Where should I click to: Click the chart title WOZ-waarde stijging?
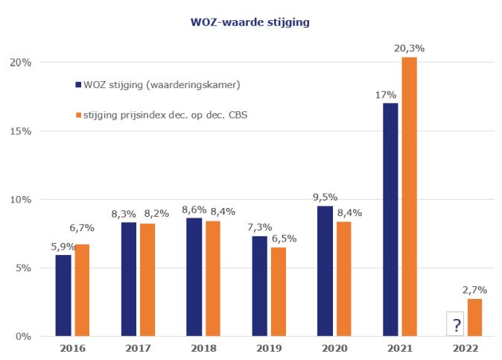(x=250, y=22)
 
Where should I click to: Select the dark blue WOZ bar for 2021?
(x=390, y=219)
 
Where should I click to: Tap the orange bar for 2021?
(x=410, y=197)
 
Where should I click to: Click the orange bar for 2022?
(x=474, y=318)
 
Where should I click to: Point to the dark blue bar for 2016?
(x=63, y=295)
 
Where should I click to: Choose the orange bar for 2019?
(x=279, y=291)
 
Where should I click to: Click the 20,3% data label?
(x=410, y=48)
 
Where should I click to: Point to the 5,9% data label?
(x=63, y=247)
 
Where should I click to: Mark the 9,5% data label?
(x=325, y=198)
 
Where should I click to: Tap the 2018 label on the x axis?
(x=203, y=348)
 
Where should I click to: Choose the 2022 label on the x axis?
(x=465, y=348)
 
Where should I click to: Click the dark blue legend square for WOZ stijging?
(x=78, y=84)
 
